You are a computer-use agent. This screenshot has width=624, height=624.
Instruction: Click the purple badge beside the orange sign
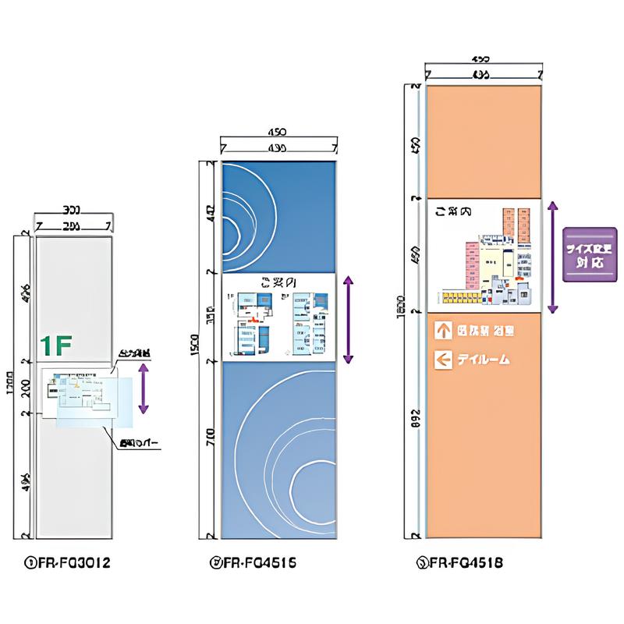tap(589, 255)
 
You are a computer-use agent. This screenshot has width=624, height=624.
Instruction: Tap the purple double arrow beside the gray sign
tap(143, 387)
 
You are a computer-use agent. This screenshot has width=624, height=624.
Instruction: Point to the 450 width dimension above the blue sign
tap(278, 133)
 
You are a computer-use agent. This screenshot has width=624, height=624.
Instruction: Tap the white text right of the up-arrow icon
tap(485, 330)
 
